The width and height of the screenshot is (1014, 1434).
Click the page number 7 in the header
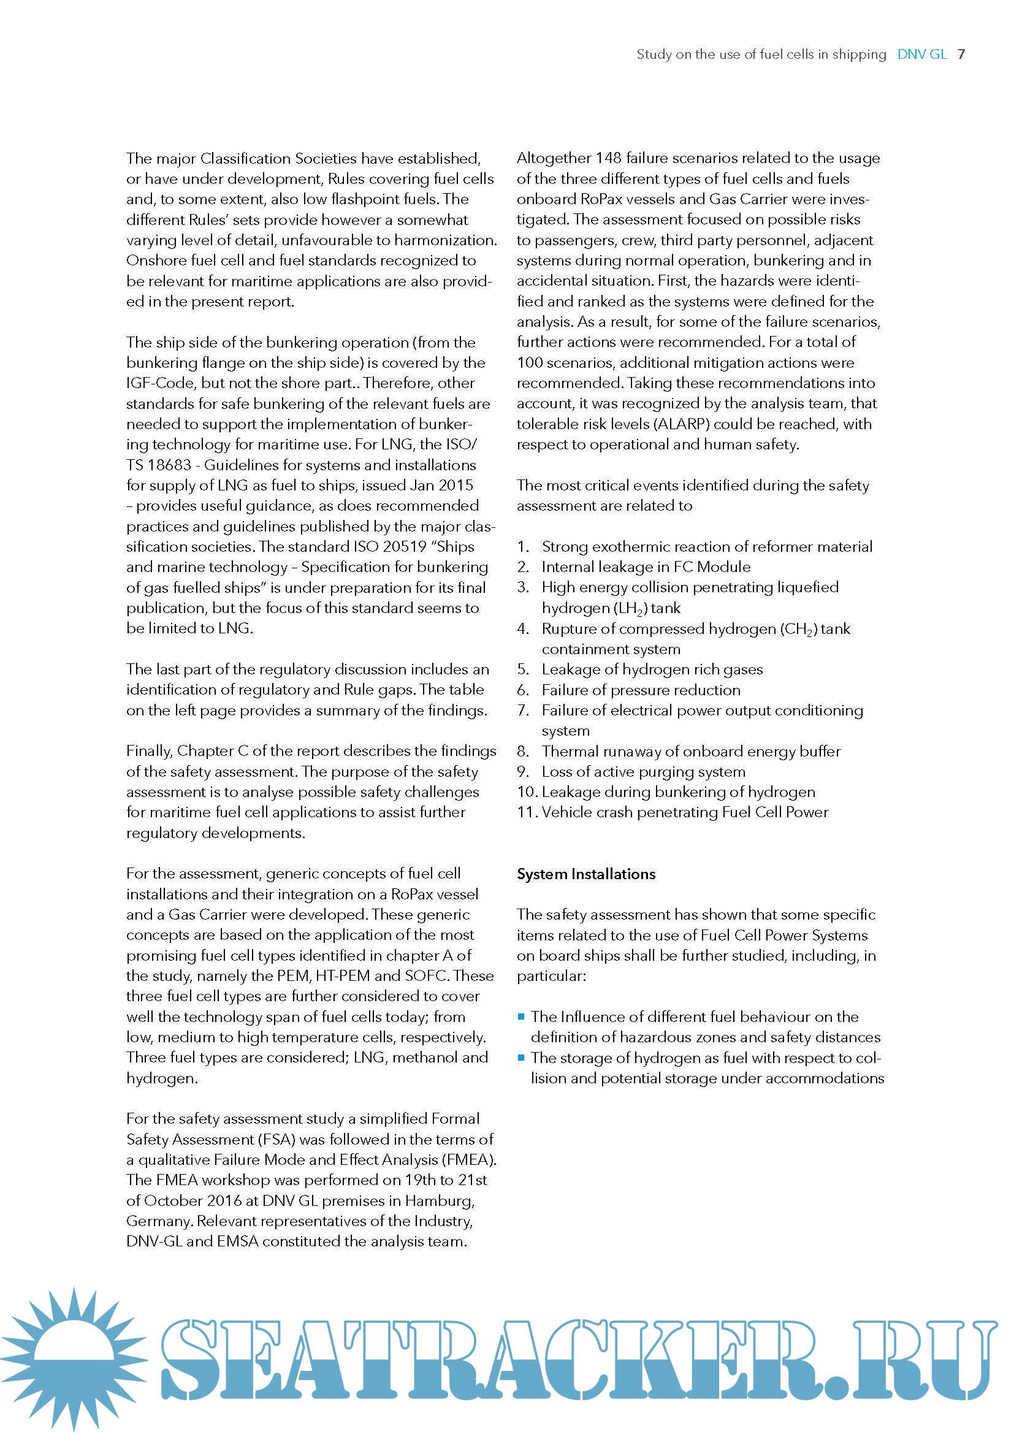[961, 55]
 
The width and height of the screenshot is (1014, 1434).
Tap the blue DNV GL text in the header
[921, 55]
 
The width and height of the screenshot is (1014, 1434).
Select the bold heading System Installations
[585, 874]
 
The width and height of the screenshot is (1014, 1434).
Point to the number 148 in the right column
[608, 158]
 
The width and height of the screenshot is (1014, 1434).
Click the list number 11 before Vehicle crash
[527, 812]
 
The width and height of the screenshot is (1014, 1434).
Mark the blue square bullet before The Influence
[520, 1016]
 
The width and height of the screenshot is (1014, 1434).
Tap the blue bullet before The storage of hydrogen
[520, 1058]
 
